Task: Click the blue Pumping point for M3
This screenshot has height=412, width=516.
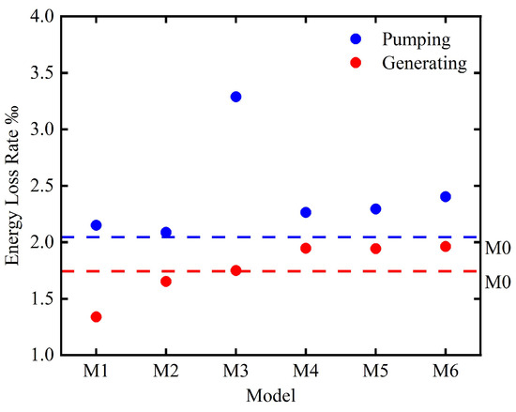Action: coord(235,97)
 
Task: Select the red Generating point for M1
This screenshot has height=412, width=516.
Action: coord(96,317)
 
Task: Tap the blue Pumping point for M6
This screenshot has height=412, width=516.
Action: coord(446,197)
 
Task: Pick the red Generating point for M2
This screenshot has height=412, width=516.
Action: coord(166,282)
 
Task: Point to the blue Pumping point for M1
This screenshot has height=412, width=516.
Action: coord(96,225)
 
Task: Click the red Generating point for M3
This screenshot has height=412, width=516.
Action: coord(235,270)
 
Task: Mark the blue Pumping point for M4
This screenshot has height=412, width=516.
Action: coord(306,212)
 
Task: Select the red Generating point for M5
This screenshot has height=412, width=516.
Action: coord(375,249)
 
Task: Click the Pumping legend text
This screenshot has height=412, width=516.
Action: coord(416,40)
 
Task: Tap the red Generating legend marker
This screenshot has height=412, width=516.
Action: coord(356,63)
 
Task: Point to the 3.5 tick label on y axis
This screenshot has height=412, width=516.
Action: coord(43,73)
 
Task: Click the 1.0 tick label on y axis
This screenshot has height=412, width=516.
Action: coord(43,356)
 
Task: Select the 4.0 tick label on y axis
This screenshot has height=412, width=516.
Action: coord(43,17)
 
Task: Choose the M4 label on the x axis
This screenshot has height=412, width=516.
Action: coord(306,371)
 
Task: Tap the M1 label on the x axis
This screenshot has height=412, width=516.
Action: coord(96,371)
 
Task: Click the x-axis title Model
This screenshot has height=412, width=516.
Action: coord(271,395)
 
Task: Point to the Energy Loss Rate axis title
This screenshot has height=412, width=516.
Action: coord(12,185)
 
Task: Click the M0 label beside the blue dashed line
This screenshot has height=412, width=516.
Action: coord(497,248)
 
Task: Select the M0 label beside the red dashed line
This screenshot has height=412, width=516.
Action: coord(497,282)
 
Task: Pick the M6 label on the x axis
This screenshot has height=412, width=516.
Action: coord(446,371)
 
